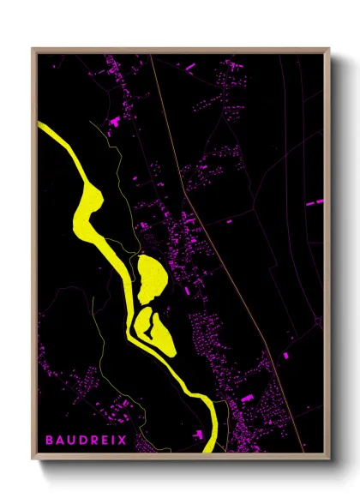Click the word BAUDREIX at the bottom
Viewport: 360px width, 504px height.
86,441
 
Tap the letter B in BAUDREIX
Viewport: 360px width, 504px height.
50,441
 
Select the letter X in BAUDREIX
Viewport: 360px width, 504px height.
123,441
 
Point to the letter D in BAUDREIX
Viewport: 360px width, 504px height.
81,441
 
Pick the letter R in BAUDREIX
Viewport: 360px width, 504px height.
92,441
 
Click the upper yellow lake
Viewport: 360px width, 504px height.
152,276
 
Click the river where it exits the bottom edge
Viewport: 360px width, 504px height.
209,446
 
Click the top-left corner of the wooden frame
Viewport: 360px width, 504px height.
32,50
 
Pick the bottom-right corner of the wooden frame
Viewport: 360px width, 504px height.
329,457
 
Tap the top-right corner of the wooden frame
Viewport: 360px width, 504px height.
329,50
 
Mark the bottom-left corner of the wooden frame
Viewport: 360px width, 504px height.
32,457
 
